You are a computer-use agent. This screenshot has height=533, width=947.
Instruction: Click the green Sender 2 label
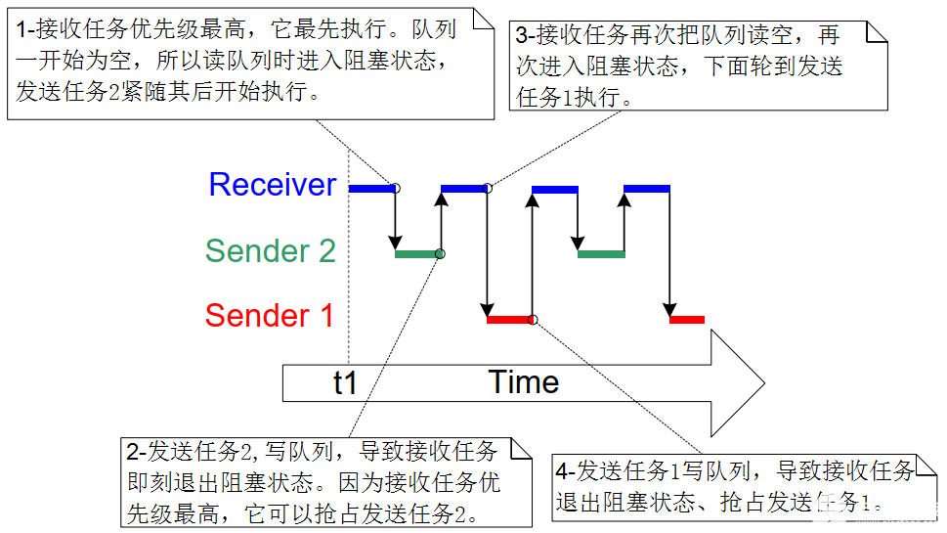(270, 251)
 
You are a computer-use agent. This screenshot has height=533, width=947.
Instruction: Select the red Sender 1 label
(269, 316)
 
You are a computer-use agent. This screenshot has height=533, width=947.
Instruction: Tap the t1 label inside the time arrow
(345, 383)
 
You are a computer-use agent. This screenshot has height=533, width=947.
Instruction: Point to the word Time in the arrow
(524, 382)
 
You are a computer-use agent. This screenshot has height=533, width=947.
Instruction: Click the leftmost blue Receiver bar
(371, 188)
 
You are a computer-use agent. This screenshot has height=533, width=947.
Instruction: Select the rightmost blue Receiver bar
(646, 188)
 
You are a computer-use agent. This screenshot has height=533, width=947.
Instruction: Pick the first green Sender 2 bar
(416, 254)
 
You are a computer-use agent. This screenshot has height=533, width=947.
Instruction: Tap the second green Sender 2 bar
(601, 254)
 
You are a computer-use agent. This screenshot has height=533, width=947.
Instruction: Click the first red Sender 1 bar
(508, 320)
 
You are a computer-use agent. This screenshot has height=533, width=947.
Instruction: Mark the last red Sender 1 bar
(687, 320)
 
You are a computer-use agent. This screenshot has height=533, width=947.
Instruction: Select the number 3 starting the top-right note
(522, 36)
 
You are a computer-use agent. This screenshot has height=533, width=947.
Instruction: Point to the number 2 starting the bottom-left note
(133, 452)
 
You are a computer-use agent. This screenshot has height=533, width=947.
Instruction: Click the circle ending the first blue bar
(396, 188)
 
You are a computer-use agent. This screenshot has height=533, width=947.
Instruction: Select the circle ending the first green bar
(440, 254)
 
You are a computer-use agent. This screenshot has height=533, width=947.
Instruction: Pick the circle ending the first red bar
(533, 320)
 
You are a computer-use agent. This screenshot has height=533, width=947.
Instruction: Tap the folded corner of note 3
(877, 31)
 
